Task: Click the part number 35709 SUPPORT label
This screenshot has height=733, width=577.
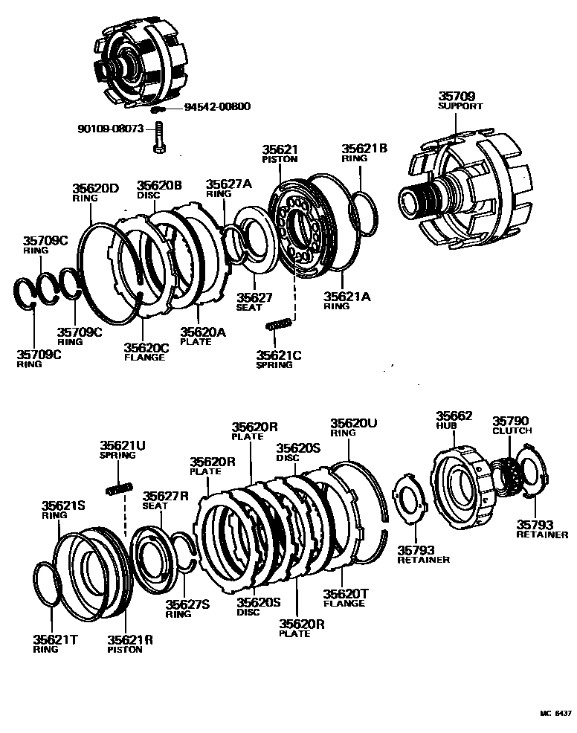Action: click(460, 100)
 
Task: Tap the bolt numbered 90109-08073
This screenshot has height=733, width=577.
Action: click(158, 139)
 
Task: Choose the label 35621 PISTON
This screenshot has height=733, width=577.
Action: click(280, 154)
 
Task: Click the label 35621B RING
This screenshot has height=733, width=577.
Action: click(364, 152)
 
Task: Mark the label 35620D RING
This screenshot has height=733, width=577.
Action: click(95, 193)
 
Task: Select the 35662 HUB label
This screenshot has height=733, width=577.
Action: click(454, 421)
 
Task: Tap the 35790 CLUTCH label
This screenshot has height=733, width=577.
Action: click(511, 425)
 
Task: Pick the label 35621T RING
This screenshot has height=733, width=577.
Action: click(51, 643)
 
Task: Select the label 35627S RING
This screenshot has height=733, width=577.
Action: click(187, 609)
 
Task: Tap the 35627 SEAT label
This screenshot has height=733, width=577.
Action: click(255, 301)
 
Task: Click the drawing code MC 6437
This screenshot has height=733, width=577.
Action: click(555, 712)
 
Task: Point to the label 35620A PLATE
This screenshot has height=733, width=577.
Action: click(202, 336)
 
